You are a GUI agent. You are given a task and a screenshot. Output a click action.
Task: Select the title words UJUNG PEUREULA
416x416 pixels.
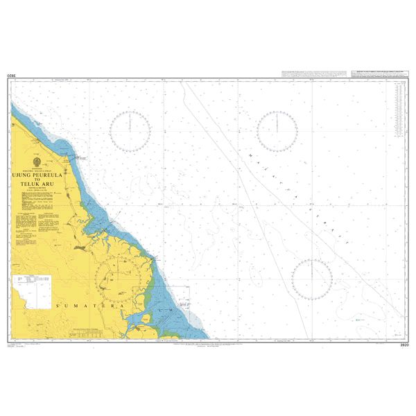pyautogui.click(x=38, y=175)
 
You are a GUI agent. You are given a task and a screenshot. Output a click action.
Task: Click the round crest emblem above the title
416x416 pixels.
pyautogui.click(x=37, y=164)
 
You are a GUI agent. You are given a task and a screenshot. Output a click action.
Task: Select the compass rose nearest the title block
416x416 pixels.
pyautogui.click(x=130, y=131)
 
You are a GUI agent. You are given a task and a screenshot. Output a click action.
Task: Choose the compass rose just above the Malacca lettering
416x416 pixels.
pyautogui.click(x=277, y=131)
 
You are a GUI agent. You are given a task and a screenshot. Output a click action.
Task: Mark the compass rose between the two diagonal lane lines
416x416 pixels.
pyautogui.click(x=312, y=279)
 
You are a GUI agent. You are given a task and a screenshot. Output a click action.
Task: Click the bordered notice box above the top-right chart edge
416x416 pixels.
pyautogui.click(x=379, y=72)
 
